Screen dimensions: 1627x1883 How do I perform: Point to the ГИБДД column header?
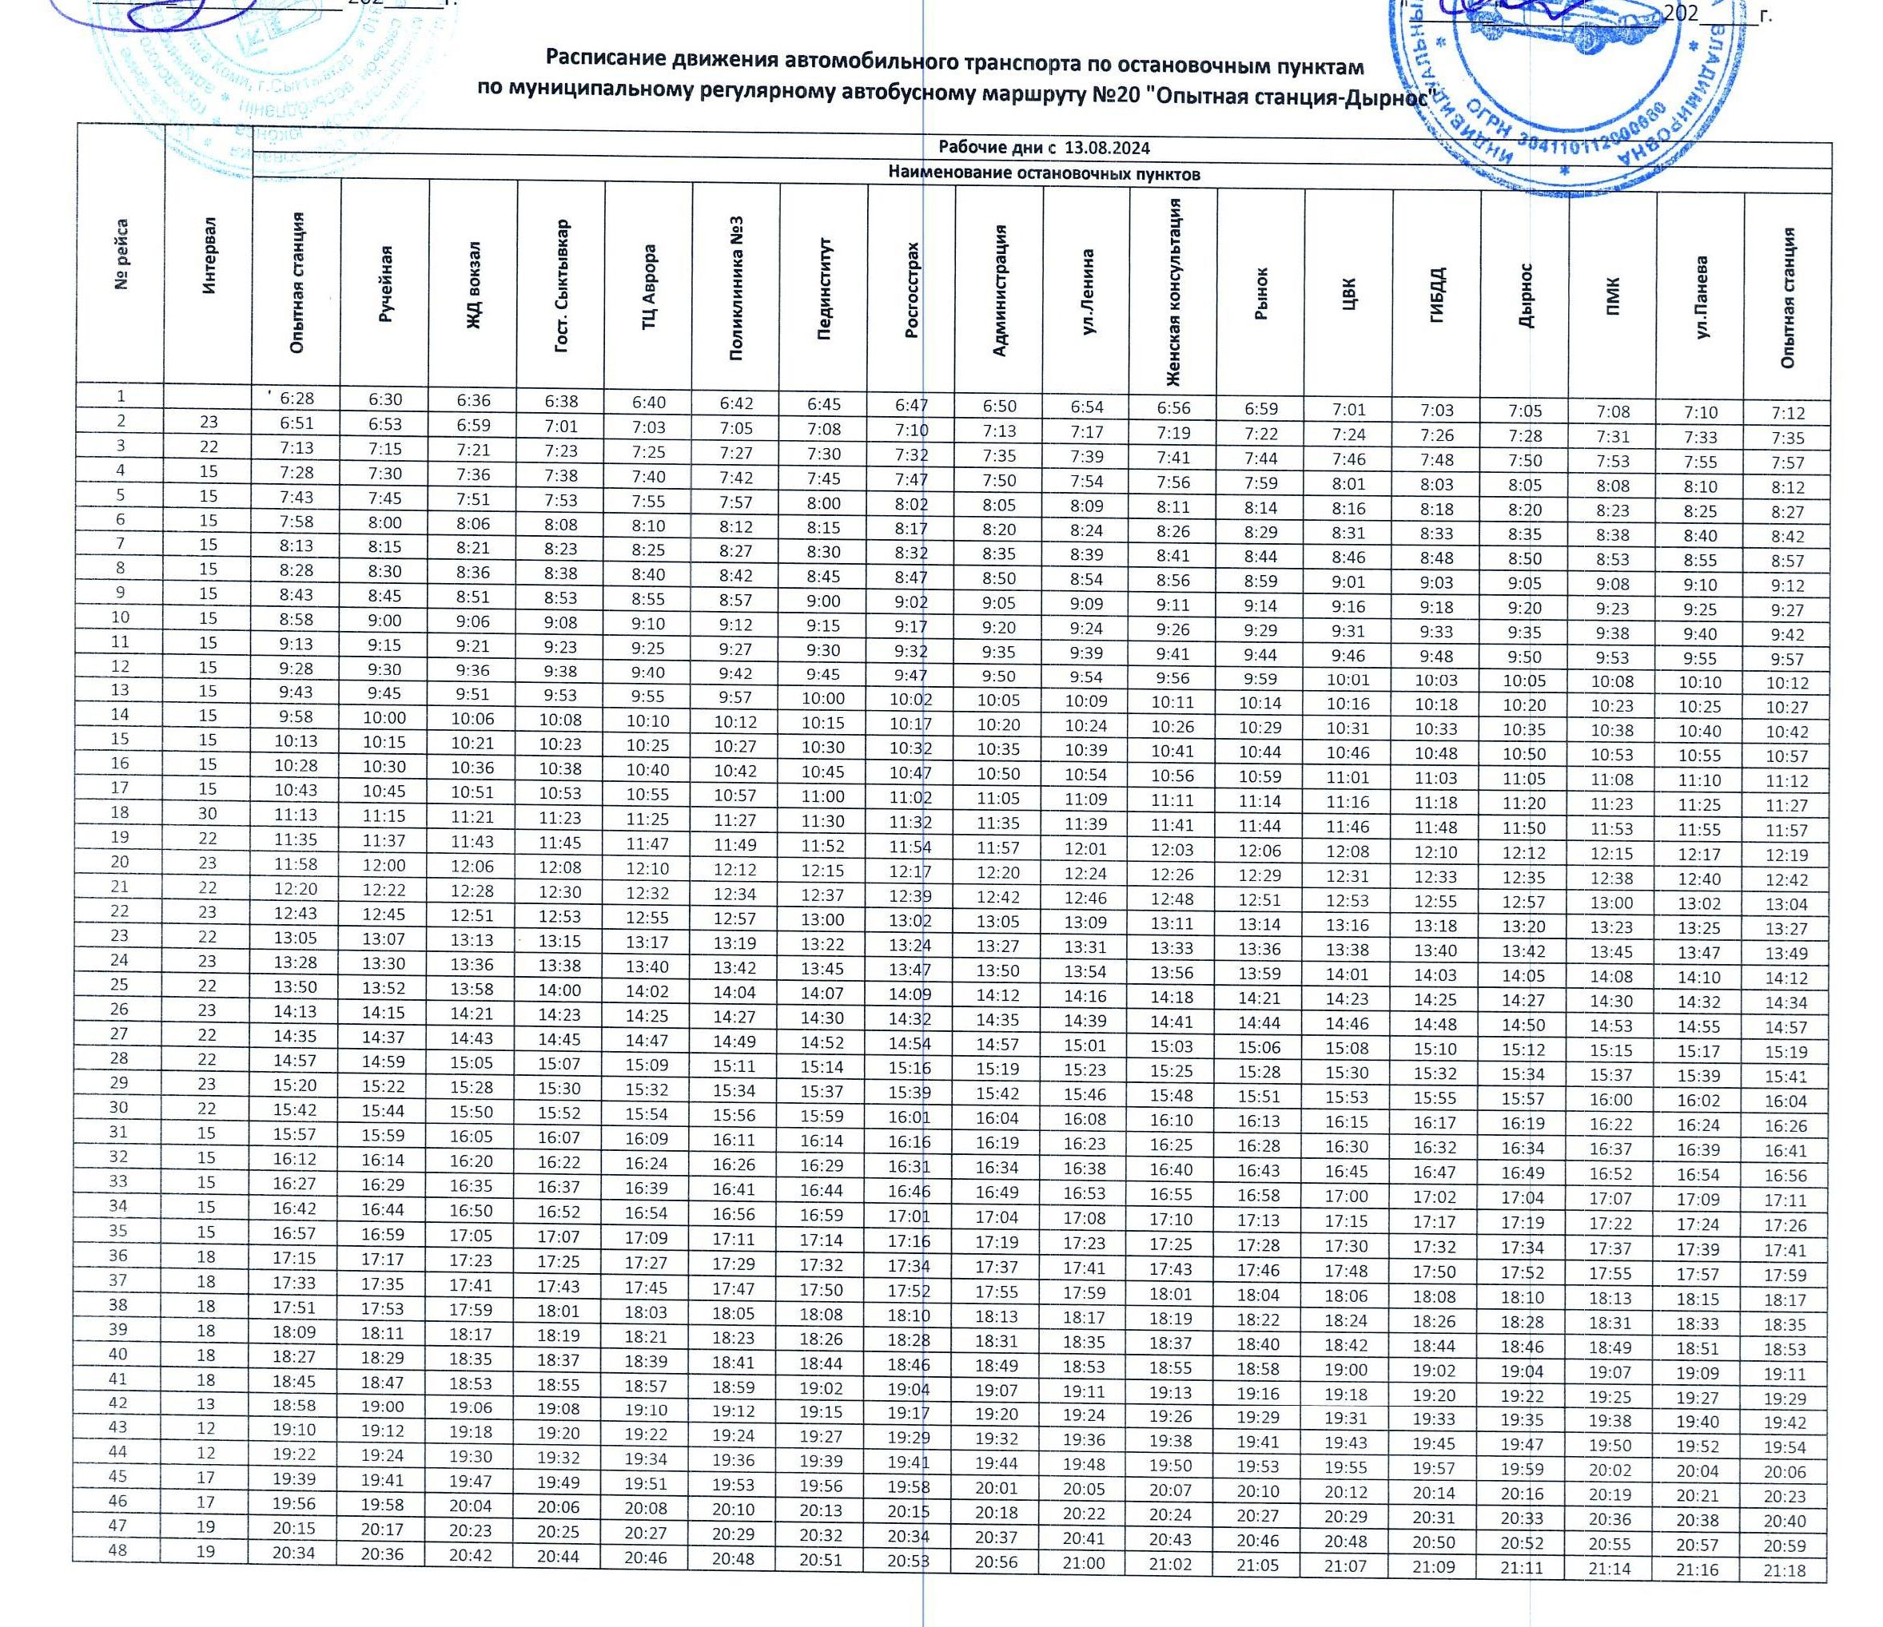1437,296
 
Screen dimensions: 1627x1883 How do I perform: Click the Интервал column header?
209,256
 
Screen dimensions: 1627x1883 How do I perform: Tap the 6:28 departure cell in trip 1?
297,398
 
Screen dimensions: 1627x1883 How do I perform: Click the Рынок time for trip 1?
1260,409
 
